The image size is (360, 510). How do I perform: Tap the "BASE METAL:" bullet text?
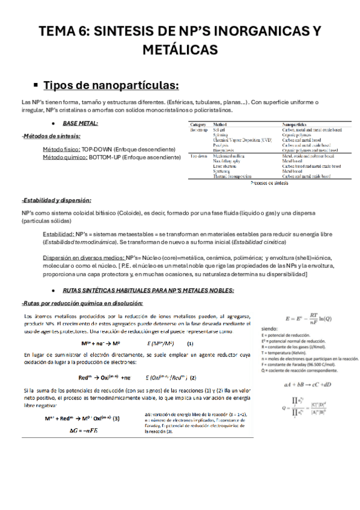click(80, 123)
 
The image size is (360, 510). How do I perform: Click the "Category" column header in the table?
click(198, 124)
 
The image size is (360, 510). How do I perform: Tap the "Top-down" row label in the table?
click(199, 155)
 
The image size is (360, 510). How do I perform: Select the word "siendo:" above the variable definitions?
click(269, 330)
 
